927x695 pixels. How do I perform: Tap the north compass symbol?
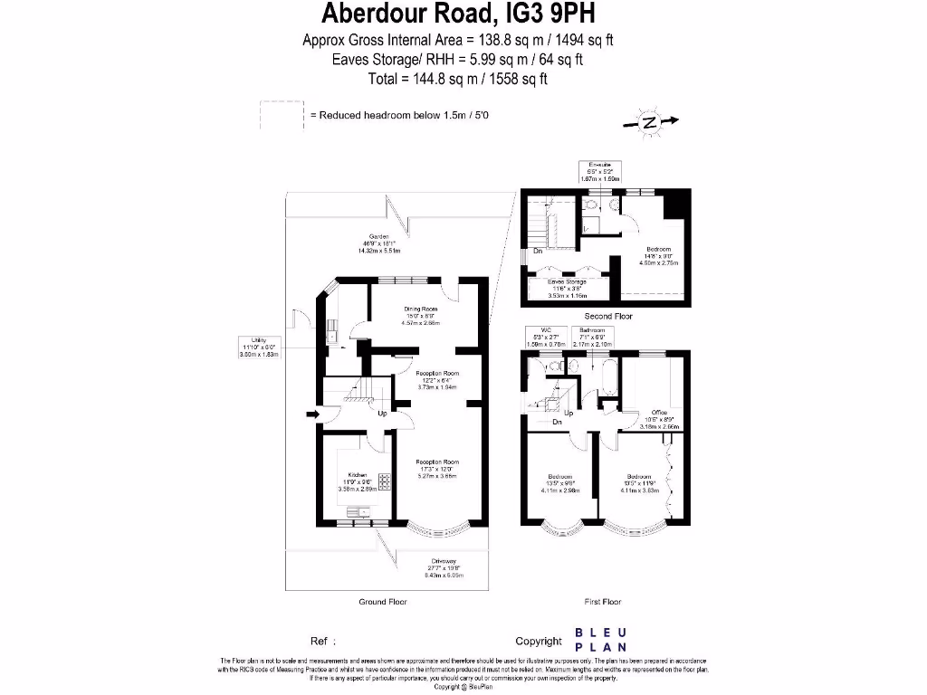pos(649,123)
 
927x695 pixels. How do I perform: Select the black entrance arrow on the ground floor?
pos(313,415)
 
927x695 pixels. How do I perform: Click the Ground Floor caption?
pos(384,602)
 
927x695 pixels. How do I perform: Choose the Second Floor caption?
pos(608,316)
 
